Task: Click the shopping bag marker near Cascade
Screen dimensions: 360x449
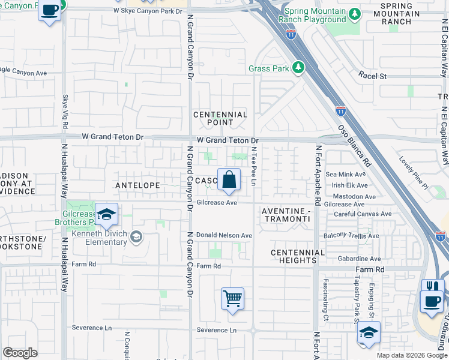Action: tap(229, 179)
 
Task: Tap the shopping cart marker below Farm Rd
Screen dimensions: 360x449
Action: tap(232, 299)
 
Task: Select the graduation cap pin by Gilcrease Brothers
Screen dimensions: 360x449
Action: tap(106, 215)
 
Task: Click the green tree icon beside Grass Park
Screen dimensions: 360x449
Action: tap(297, 67)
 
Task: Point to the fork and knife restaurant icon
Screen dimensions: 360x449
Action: tap(432, 287)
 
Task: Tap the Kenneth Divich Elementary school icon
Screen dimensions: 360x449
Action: tap(137, 237)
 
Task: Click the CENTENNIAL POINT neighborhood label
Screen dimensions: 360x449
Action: tap(220, 118)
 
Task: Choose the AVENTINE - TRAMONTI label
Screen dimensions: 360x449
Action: tap(286, 215)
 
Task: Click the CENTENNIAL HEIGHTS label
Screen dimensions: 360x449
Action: tap(294, 256)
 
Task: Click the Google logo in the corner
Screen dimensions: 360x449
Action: tap(20, 353)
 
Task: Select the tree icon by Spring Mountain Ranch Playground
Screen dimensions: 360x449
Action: tap(355, 13)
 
